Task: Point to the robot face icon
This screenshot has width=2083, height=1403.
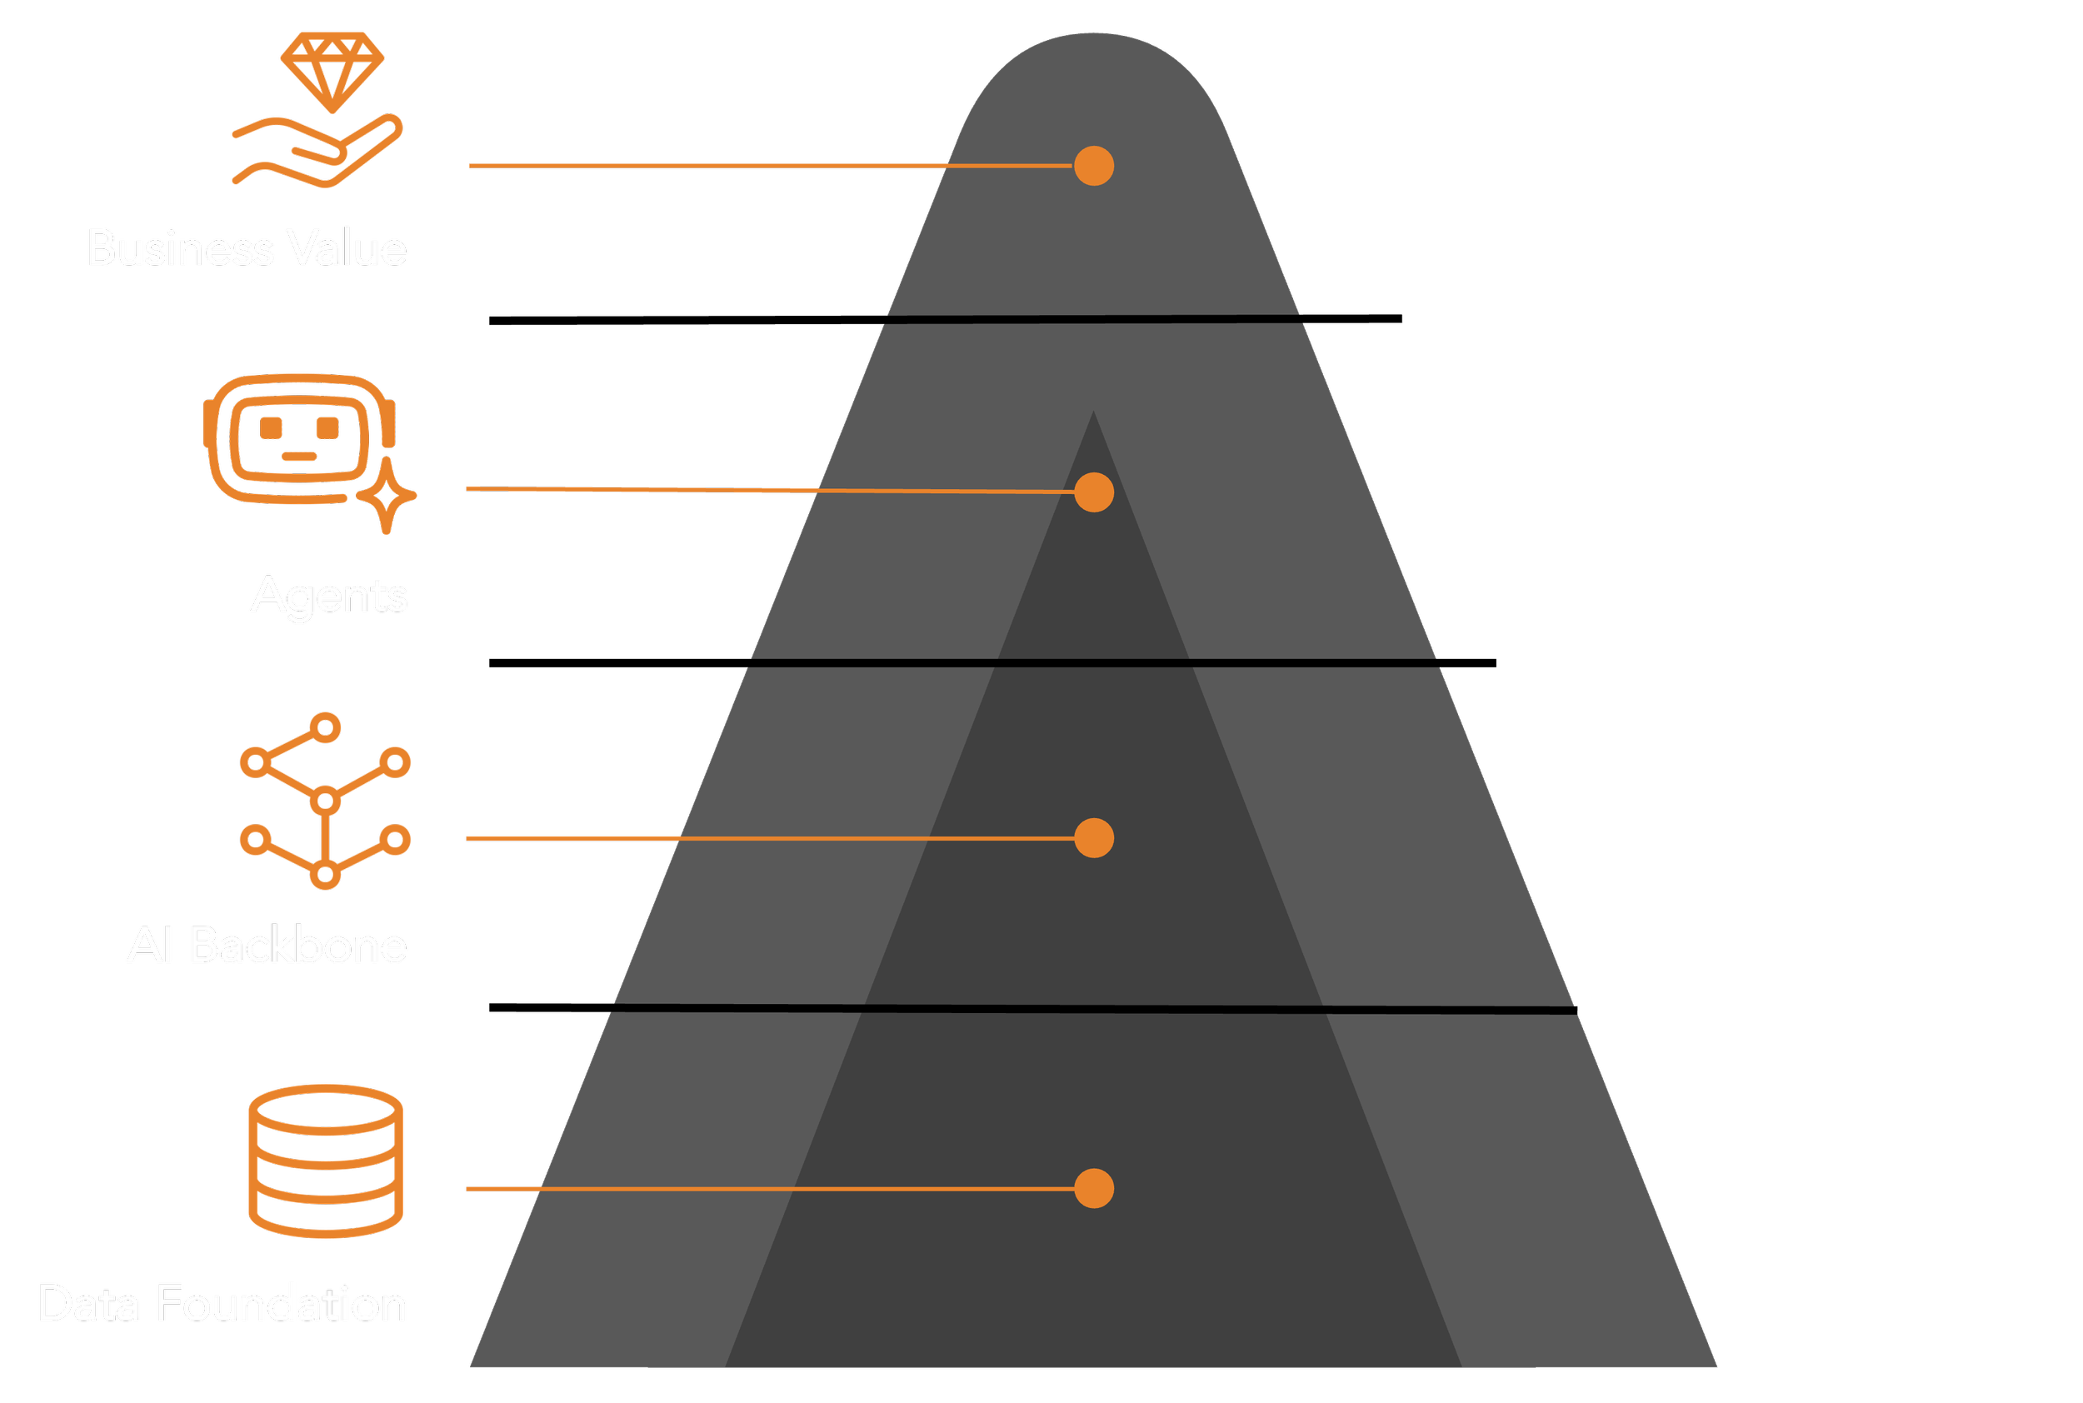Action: click(x=297, y=438)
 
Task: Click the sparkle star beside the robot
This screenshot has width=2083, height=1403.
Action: click(x=387, y=497)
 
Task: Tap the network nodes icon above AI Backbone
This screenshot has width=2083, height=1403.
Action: click(x=326, y=801)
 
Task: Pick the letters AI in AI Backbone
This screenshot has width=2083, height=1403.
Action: click(x=149, y=946)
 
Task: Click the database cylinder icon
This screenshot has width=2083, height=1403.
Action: click(x=326, y=1161)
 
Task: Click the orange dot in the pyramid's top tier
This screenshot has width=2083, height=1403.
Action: click(x=1093, y=167)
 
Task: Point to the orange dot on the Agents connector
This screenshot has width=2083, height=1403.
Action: click(x=1093, y=492)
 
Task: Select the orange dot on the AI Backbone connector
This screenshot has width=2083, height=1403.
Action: click(x=1093, y=838)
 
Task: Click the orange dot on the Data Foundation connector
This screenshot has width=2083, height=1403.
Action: click(x=1093, y=1189)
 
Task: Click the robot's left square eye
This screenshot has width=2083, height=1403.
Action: click(x=271, y=427)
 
